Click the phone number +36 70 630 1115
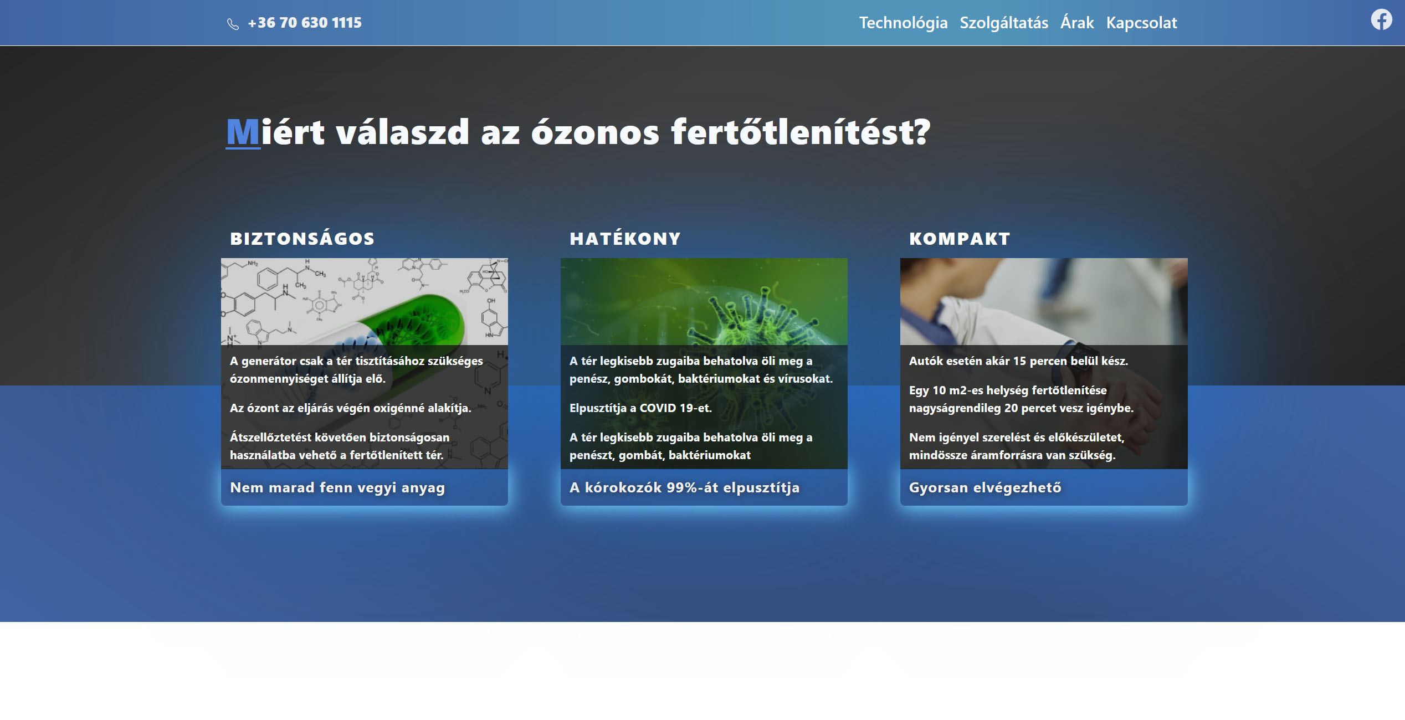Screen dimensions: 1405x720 [x=305, y=23]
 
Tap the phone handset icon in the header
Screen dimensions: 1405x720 [x=233, y=24]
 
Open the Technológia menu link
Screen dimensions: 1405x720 [x=903, y=23]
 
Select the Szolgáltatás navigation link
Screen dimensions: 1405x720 [x=1004, y=23]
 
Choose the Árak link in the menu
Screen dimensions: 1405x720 [x=1077, y=22]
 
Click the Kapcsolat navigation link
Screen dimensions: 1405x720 [x=1141, y=23]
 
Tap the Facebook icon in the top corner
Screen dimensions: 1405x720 [x=1381, y=20]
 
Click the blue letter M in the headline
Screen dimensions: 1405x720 [x=243, y=132]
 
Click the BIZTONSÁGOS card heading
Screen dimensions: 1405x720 [x=302, y=238]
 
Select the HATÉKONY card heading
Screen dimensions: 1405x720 [x=625, y=238]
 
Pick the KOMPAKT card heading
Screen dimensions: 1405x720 [x=960, y=239]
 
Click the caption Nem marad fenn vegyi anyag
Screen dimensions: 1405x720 [x=337, y=487]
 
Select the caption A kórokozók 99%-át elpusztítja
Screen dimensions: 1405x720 [x=684, y=487]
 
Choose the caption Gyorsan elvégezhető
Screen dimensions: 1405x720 [x=985, y=487]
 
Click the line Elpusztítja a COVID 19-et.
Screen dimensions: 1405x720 [x=640, y=408]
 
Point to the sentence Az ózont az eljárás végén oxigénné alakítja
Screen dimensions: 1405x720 [x=350, y=408]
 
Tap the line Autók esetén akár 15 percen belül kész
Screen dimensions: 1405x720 [x=1018, y=361]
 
